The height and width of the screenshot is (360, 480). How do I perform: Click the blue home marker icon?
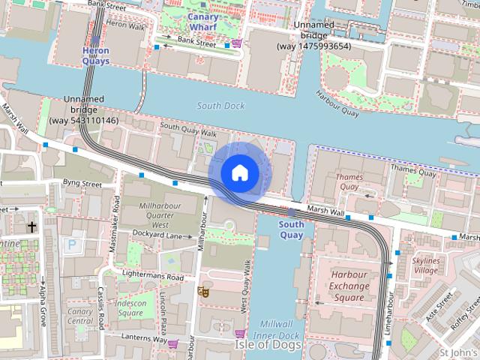[239, 172]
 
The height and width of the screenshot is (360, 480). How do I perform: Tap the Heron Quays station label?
[95, 55]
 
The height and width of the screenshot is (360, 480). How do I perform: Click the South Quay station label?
[291, 229]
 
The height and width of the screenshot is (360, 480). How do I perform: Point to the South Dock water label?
[220, 106]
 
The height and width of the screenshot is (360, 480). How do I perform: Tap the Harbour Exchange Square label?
[349, 286]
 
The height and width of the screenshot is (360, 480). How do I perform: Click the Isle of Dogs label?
[268, 345]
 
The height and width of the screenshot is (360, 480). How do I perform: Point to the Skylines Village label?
[426, 265]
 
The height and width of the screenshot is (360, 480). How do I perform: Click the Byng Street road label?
[82, 182]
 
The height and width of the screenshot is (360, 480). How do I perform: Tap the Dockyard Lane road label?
[157, 235]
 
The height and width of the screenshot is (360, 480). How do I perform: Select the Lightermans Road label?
[152, 276]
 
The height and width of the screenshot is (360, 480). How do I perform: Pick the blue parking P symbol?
[72, 244]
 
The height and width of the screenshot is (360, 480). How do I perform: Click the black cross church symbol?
[31, 226]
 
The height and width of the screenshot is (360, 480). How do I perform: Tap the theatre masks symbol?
[202, 292]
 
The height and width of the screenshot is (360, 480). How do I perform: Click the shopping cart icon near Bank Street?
[237, 43]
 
